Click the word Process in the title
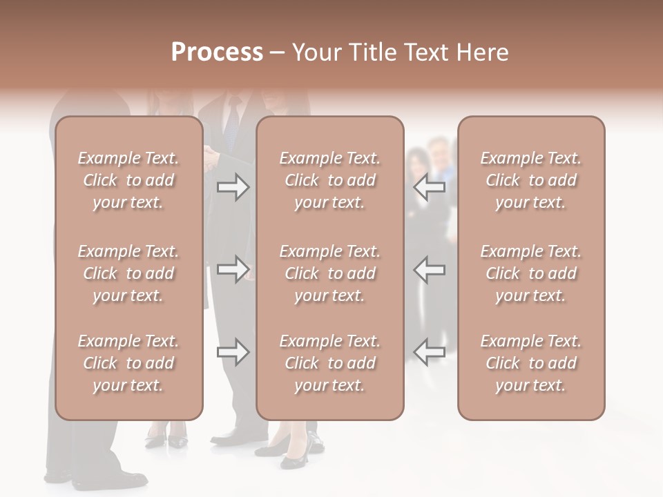tap(217, 52)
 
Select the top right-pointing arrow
tap(233, 187)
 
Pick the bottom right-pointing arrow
tap(233, 352)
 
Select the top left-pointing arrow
tap(430, 187)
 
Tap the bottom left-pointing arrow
tap(430, 352)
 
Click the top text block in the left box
tap(128, 180)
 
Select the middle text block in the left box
tap(128, 273)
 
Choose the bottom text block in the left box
tap(128, 363)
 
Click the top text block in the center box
tap(330, 180)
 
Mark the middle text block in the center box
tap(330, 273)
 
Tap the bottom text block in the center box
tap(330, 363)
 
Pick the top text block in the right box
tap(531, 180)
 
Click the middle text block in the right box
tap(531, 273)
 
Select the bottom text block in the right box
tap(531, 363)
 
